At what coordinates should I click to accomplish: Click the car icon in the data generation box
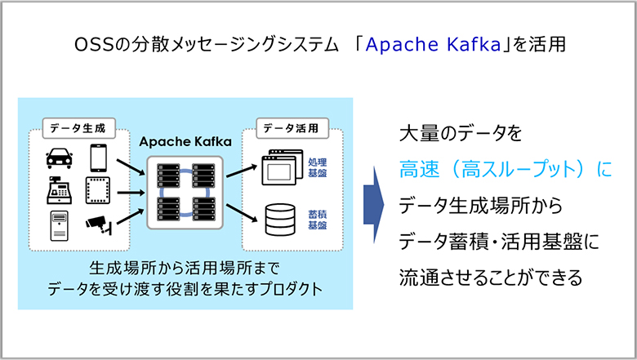(60, 158)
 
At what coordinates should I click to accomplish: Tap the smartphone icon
(98, 158)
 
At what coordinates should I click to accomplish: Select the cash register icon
(60, 190)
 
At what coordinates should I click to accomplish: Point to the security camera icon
(99, 225)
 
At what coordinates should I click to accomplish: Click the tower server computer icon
(60, 225)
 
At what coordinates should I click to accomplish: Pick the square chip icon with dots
(98, 190)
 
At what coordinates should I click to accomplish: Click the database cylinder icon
(280, 220)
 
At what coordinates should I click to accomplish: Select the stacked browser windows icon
(283, 167)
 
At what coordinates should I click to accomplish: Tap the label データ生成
(78, 128)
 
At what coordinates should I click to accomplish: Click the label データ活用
(291, 128)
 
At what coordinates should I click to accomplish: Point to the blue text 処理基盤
(318, 167)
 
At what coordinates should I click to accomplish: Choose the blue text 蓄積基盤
(318, 220)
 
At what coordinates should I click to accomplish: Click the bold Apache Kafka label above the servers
(185, 142)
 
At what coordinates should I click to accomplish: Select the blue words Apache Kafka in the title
(434, 45)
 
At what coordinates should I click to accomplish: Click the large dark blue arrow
(374, 205)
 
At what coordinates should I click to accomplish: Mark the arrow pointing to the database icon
(242, 213)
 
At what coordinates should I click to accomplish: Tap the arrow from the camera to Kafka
(131, 216)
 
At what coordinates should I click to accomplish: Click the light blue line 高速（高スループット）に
(506, 169)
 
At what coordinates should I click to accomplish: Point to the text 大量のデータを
(461, 134)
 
